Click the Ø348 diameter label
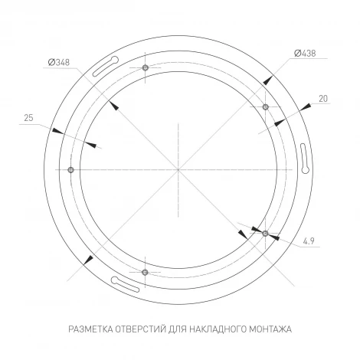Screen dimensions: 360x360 click(x=58, y=62)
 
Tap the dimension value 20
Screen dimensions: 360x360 click(x=323, y=98)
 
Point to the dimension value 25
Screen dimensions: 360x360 click(x=28, y=118)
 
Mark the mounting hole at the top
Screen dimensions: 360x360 click(x=144, y=68)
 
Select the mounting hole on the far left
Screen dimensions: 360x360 click(x=70, y=169)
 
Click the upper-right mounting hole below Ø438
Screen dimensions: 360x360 click(x=265, y=106)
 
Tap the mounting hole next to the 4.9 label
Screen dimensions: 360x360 click(x=265, y=232)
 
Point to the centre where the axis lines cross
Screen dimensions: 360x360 click(x=178, y=169)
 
